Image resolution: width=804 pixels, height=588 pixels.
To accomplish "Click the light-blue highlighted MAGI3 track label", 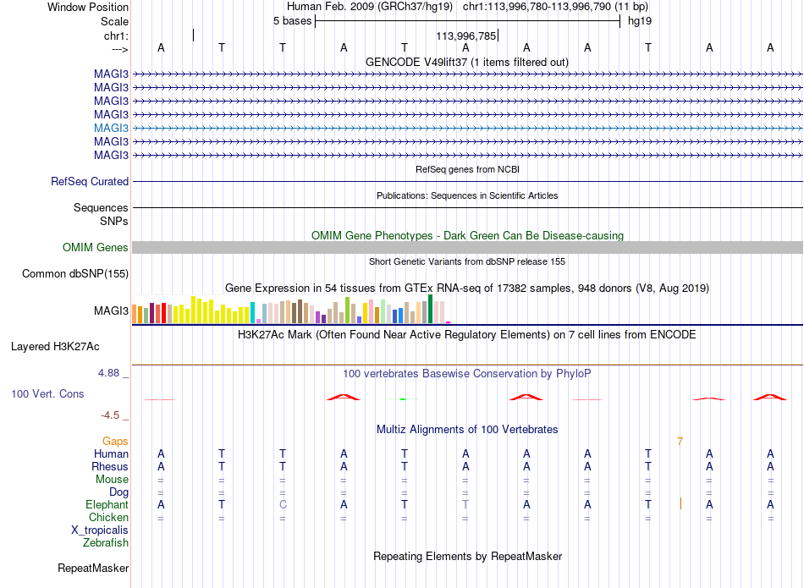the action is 111,128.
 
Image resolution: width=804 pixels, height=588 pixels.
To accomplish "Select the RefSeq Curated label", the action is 90,181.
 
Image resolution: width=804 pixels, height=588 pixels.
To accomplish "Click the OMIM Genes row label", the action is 96,248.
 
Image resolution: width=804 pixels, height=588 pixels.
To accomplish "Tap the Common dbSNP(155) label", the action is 75,274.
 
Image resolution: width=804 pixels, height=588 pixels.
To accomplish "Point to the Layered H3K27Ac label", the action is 55,347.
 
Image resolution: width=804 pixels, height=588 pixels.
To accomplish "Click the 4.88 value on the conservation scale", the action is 108,373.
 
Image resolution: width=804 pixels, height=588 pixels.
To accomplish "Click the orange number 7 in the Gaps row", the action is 680,442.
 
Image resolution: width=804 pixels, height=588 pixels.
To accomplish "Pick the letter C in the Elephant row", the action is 283,505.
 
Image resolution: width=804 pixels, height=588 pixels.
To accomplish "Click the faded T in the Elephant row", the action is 465,505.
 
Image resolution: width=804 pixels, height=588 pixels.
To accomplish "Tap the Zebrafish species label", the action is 106,543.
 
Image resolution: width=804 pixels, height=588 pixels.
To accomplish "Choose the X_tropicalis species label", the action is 100,530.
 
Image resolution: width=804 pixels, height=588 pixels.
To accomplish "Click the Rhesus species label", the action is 110,467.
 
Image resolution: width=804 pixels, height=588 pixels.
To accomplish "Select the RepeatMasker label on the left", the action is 93,568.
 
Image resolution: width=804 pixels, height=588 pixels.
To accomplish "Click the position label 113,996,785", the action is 466,36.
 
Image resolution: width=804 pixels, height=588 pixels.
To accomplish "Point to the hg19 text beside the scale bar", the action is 640,21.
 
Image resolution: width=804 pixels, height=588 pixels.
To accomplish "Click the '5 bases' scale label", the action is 292,21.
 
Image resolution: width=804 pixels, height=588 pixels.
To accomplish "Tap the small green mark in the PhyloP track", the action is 403,398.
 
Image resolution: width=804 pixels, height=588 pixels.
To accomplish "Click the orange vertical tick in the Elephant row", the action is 680,504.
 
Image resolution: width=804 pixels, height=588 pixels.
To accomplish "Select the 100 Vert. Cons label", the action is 47,394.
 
